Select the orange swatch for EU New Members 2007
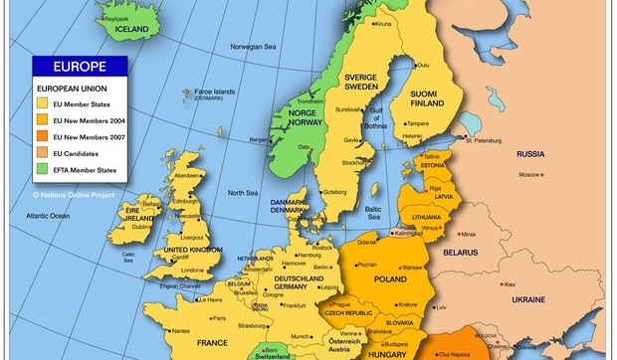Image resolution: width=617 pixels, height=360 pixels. pos(43,136)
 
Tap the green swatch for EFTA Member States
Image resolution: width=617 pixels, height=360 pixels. pos(43,168)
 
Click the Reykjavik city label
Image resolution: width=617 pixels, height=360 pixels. pos(120,18)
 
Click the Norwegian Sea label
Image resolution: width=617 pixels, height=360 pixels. pos(253,47)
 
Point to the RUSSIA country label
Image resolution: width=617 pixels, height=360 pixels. pos(529,154)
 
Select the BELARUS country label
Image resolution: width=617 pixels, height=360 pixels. pos(460,253)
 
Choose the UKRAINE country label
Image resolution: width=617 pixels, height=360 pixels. pos(528,299)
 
